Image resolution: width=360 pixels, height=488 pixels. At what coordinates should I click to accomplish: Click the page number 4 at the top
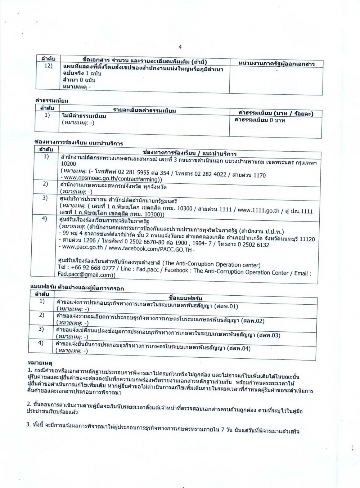click(180, 47)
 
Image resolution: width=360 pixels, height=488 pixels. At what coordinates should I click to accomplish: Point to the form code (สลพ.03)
click(268, 335)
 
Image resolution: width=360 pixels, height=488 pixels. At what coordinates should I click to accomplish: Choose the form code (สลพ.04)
click(238, 348)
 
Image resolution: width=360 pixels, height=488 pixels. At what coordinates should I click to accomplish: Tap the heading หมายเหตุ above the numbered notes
click(40, 363)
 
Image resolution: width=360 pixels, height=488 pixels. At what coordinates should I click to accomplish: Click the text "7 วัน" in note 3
click(228, 431)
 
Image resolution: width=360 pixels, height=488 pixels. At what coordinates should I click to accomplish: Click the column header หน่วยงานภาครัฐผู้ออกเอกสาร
click(276, 64)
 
